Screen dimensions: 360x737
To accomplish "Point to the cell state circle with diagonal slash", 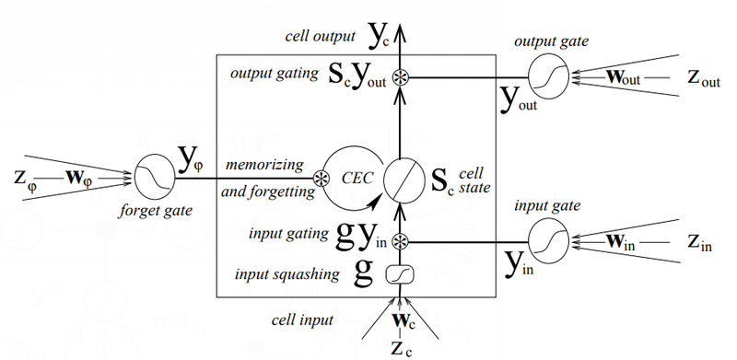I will coord(401,177).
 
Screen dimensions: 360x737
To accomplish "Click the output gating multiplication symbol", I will coord(401,77).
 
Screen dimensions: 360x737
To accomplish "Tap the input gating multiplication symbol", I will coord(401,242).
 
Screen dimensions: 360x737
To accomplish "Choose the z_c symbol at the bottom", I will coord(401,348).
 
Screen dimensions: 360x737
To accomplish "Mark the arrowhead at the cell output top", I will coord(401,34).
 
